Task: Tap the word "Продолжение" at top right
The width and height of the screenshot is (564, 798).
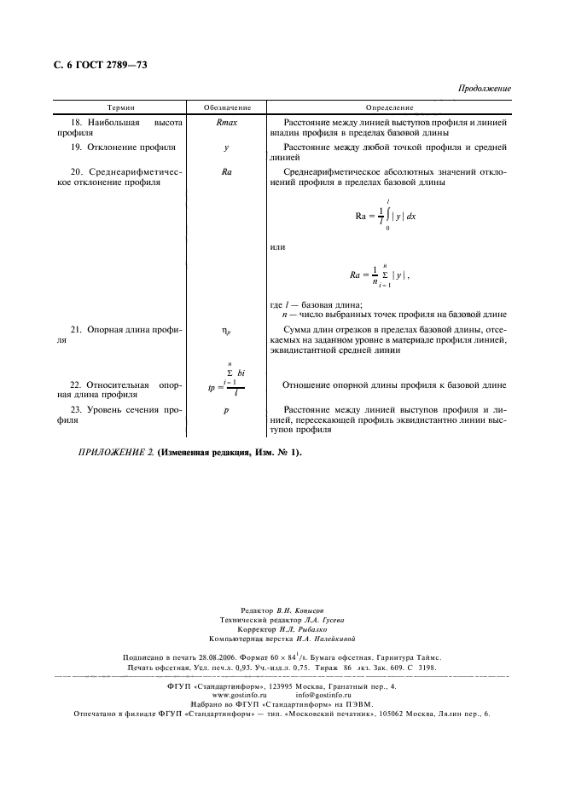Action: pyautogui.click(x=484, y=89)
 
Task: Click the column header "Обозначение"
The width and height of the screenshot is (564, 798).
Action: pyautogui.click(x=227, y=108)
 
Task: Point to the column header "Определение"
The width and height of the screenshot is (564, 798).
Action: pyautogui.click(x=389, y=108)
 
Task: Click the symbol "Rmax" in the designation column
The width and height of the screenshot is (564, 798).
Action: pyautogui.click(x=227, y=123)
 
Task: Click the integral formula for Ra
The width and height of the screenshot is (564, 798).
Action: pyautogui.click(x=386, y=215)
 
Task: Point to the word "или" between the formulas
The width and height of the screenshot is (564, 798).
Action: pyautogui.click(x=276, y=247)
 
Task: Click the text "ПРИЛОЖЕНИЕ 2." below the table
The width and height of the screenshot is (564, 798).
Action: pyautogui.click(x=115, y=452)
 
